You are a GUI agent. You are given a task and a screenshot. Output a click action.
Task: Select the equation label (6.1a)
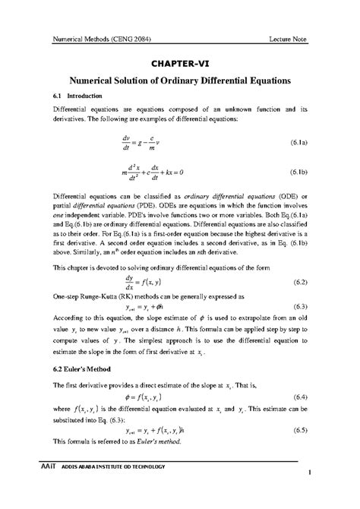click(297, 142)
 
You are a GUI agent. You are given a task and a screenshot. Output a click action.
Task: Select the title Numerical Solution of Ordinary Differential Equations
click(181, 81)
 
